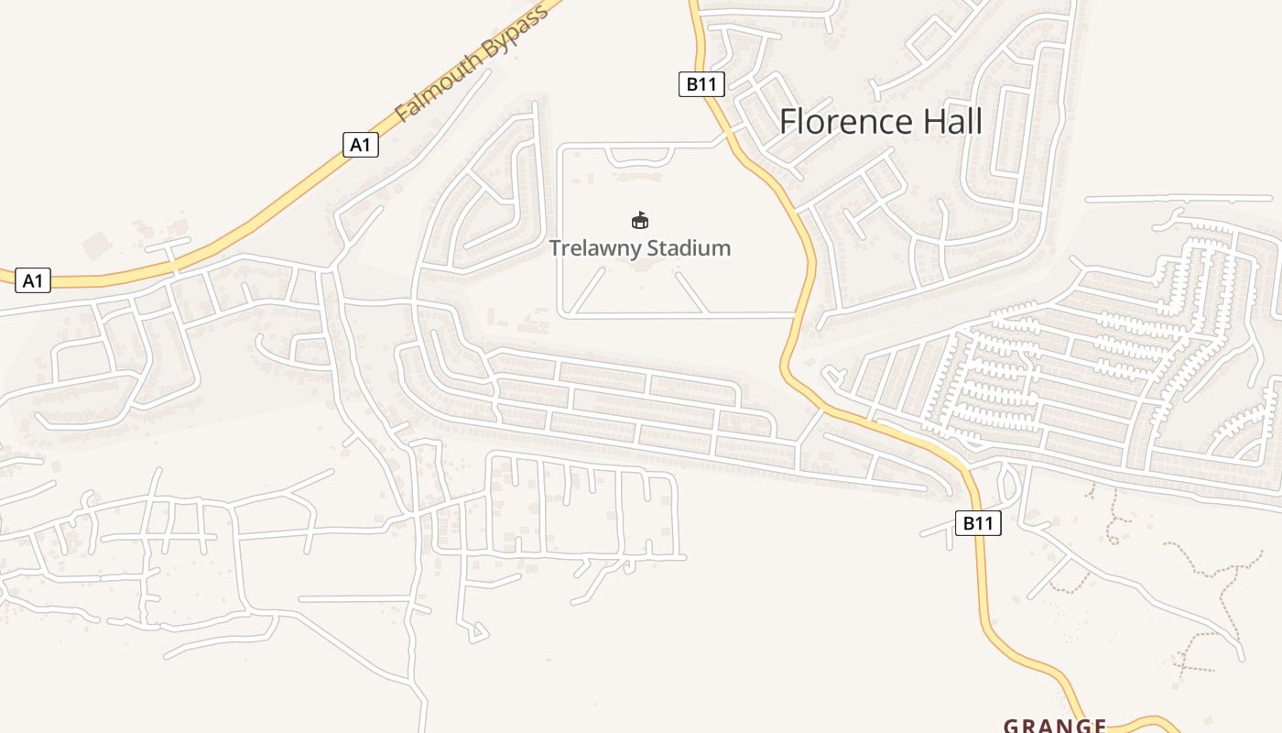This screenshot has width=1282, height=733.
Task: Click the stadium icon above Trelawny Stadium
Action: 640,220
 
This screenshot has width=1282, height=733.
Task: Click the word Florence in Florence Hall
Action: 846,122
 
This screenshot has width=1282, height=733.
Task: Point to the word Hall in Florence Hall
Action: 952,122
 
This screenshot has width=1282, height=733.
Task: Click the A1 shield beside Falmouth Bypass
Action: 361,144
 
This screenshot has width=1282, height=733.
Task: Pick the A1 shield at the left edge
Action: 32,280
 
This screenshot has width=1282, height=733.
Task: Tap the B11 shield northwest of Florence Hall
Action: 701,84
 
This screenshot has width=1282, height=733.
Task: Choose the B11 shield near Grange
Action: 978,523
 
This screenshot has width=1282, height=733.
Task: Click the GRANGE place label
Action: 1055,726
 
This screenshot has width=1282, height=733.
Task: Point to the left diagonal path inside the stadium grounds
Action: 590,291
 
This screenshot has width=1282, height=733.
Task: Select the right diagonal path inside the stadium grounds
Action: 690,291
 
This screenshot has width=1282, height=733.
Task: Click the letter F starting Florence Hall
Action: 788,122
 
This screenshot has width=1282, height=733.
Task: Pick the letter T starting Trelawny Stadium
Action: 556,248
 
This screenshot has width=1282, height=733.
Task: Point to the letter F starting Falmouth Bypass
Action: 402,115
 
